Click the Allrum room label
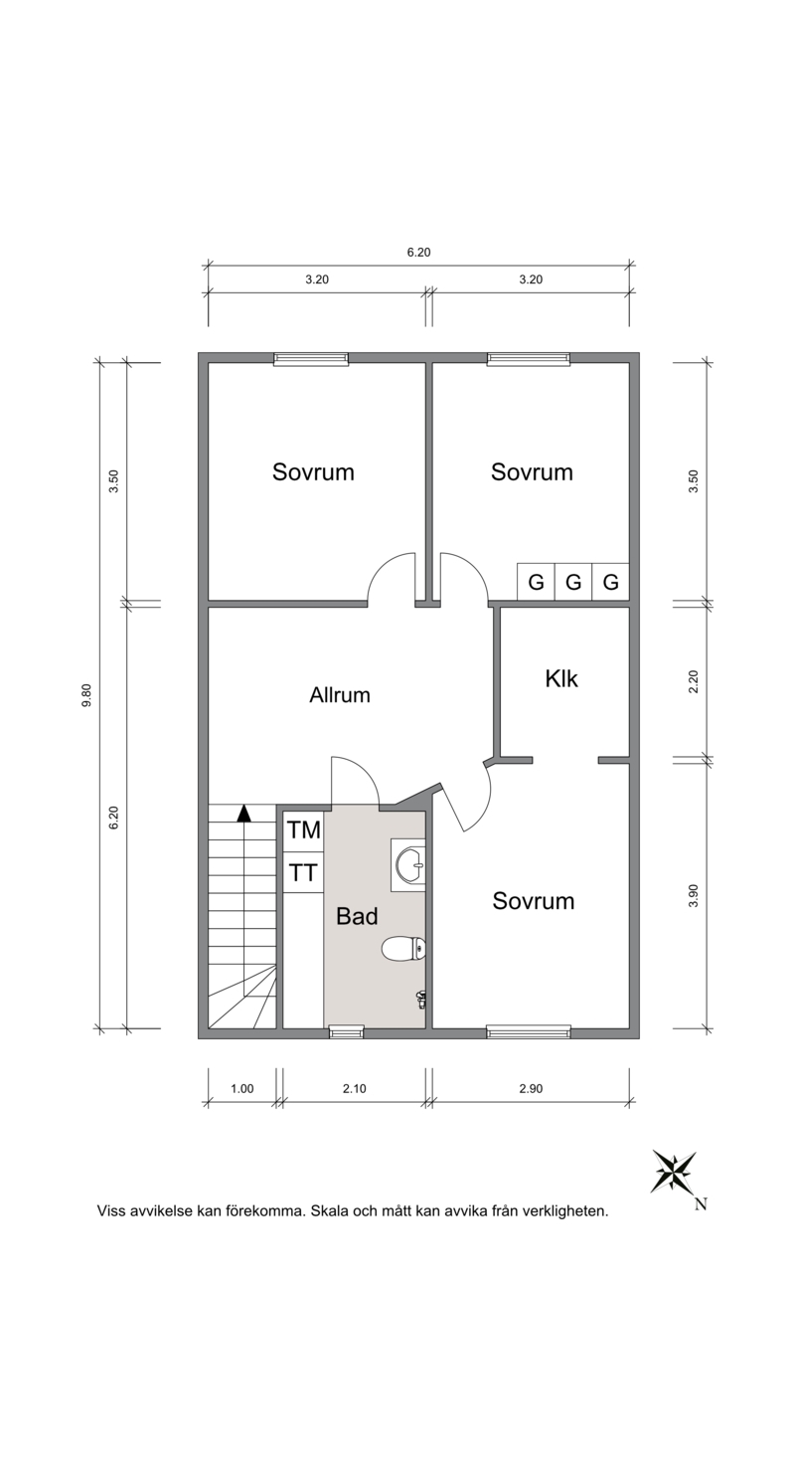340,694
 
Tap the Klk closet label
561,678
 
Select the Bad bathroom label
357,916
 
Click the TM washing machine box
304,830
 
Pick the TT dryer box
304,872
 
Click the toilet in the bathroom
403,948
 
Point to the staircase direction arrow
243,814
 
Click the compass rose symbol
673,1172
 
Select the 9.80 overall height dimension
86,695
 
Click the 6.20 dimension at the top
418,252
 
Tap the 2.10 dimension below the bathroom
354,1089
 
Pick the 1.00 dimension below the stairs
241,1089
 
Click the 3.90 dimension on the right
694,895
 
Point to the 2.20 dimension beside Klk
694,680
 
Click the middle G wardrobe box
573,582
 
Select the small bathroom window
346,1032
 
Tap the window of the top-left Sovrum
311,359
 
